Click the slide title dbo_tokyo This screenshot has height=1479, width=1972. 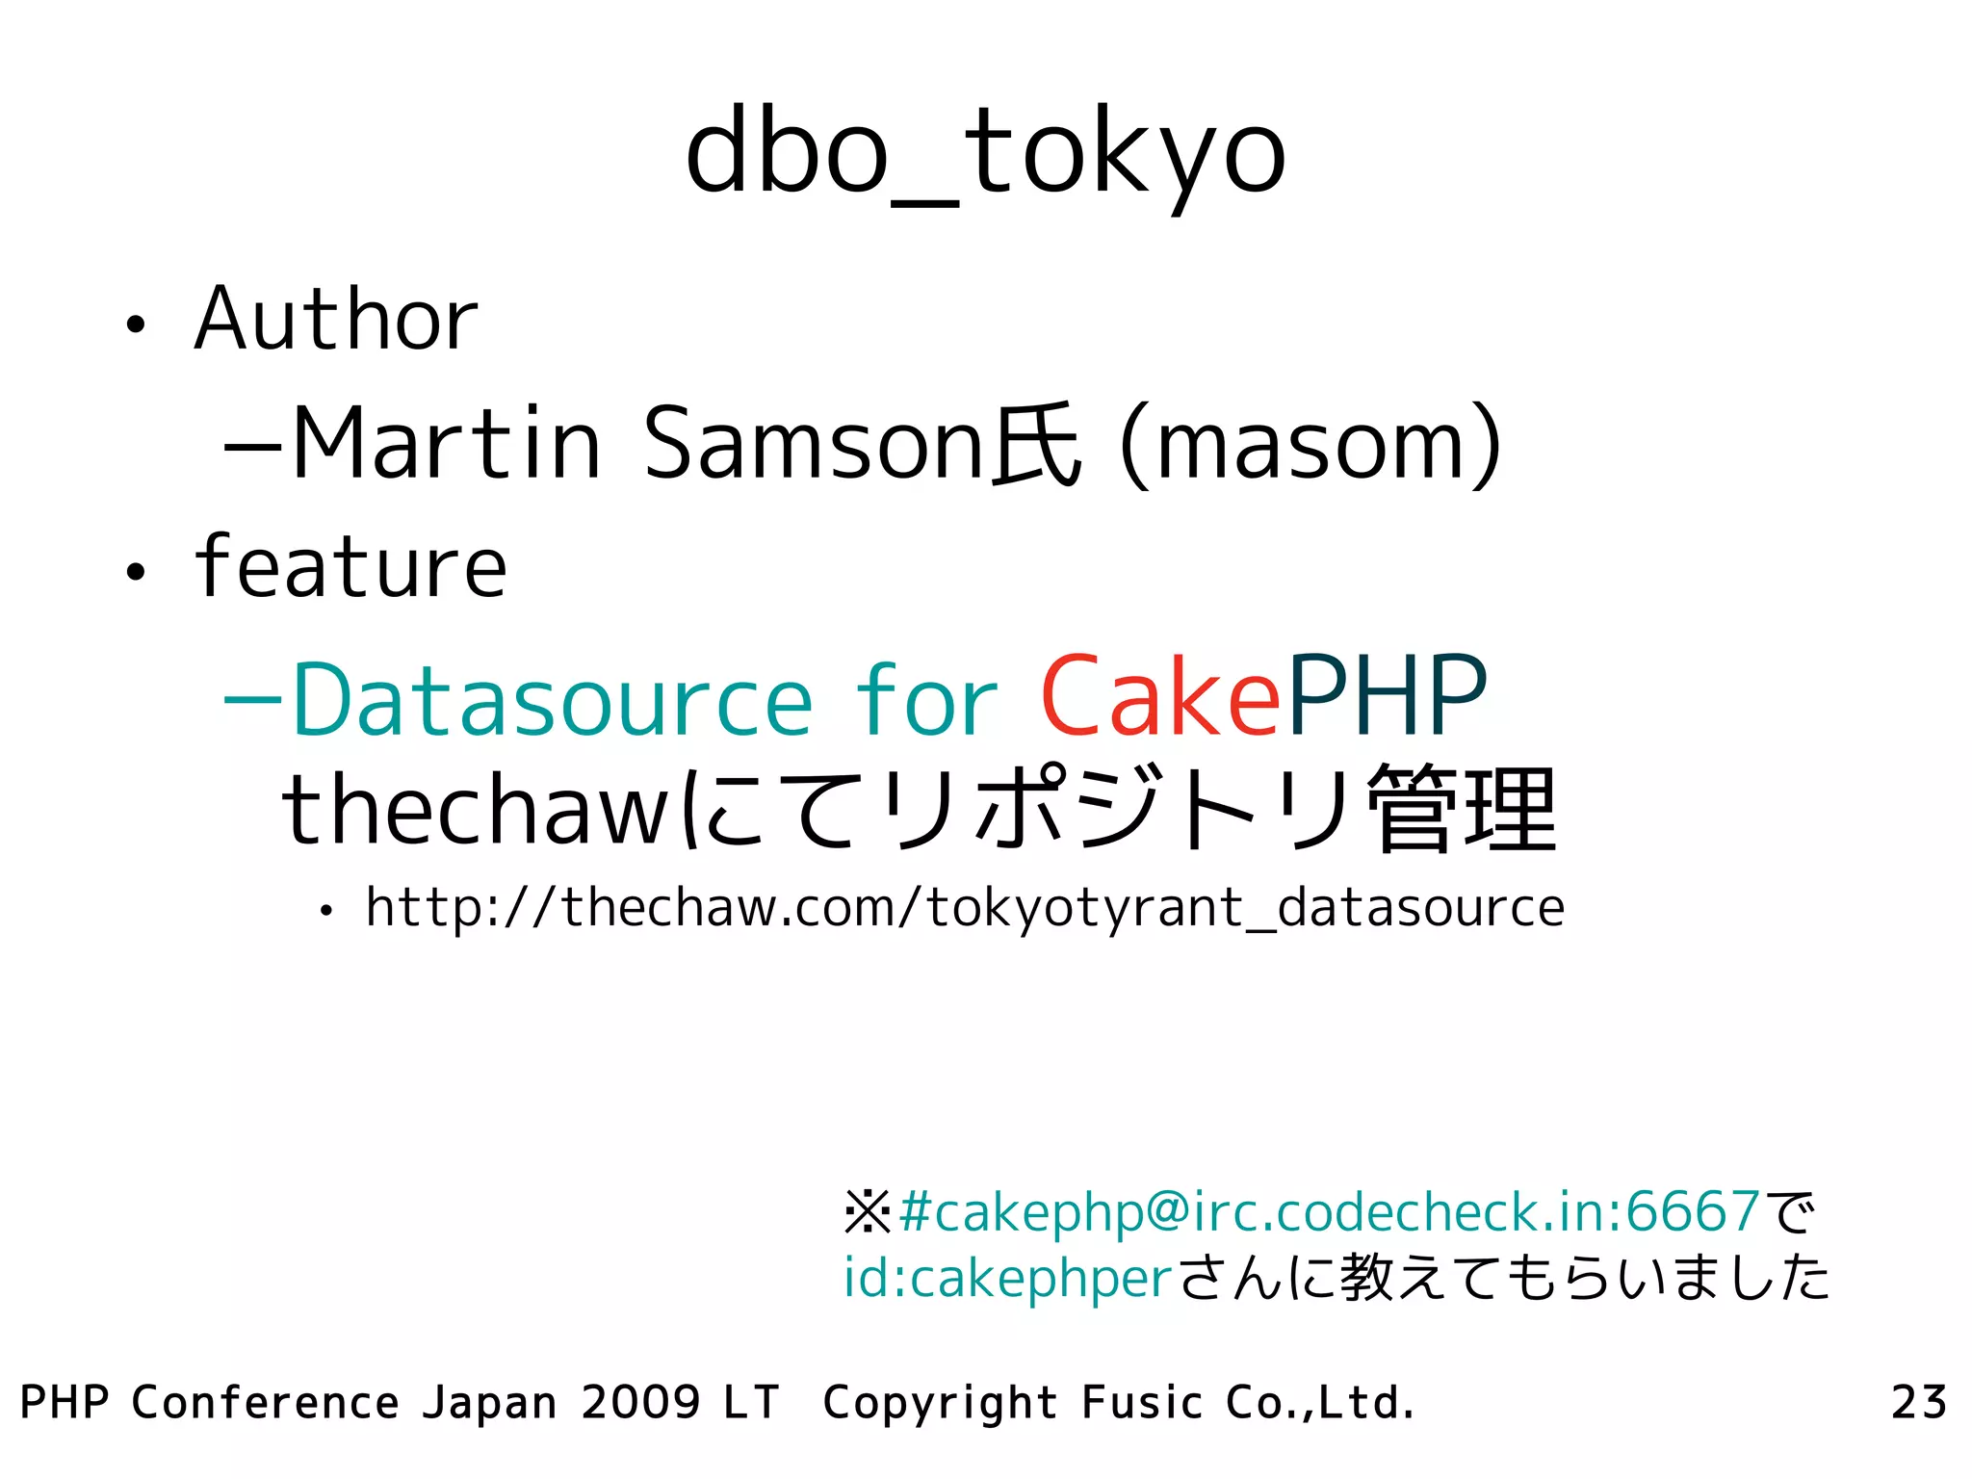pyautogui.click(x=985, y=154)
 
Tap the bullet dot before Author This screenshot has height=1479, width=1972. pyautogui.click(x=136, y=324)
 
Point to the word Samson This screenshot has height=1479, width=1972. pyautogui.click(x=814, y=444)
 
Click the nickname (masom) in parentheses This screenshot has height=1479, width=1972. pyautogui.click(x=1310, y=446)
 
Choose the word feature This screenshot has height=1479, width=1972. pyautogui.click(x=350, y=568)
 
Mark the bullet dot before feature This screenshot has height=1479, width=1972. pyautogui.click(x=136, y=572)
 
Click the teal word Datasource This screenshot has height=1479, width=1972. pyautogui.click(x=552, y=700)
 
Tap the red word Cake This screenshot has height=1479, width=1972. pyautogui.click(x=1160, y=696)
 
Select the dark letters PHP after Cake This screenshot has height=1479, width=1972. pyautogui.click(x=1388, y=696)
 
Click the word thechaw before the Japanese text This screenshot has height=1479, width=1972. pyautogui.click(x=474, y=810)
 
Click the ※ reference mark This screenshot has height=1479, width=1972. pyautogui.click(x=868, y=1212)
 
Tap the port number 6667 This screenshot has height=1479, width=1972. pyautogui.click(x=1694, y=1211)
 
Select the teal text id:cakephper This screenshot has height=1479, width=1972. pyautogui.click(x=1007, y=1279)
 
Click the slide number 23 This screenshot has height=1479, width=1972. pyautogui.click(x=1919, y=1402)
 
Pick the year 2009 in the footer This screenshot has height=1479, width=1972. pyautogui.click(x=640, y=1402)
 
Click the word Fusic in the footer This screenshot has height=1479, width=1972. pyautogui.click(x=1142, y=1402)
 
